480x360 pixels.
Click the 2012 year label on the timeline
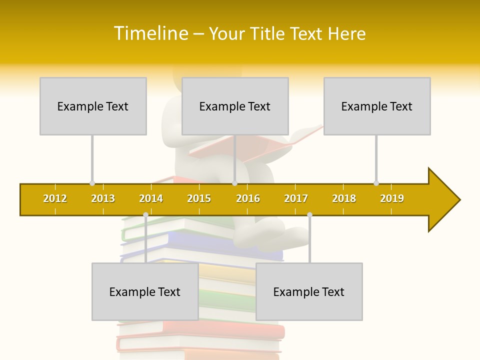[x=55, y=198]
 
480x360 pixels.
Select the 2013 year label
[x=103, y=198]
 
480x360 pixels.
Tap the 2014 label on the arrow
[x=151, y=198]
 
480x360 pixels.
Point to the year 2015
[x=199, y=198]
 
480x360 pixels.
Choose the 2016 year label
[x=248, y=198]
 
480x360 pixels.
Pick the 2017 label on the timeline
[x=296, y=198]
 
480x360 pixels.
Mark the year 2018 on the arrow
[x=344, y=198]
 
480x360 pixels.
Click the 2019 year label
[x=392, y=198]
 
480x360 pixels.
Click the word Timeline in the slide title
[x=149, y=33]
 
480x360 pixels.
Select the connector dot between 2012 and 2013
[x=92, y=183]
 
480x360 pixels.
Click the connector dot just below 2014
[x=145, y=215]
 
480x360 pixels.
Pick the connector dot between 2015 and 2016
[x=234, y=183]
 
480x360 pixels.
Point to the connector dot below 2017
[x=309, y=215]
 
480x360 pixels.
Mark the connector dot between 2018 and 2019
[x=376, y=183]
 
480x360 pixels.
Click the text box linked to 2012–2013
[x=93, y=106]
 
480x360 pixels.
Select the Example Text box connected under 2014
[x=145, y=291]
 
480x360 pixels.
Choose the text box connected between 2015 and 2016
[x=235, y=106]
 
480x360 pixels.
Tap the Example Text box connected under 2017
[x=309, y=291]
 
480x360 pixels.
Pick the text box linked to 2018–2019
[x=377, y=106]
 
